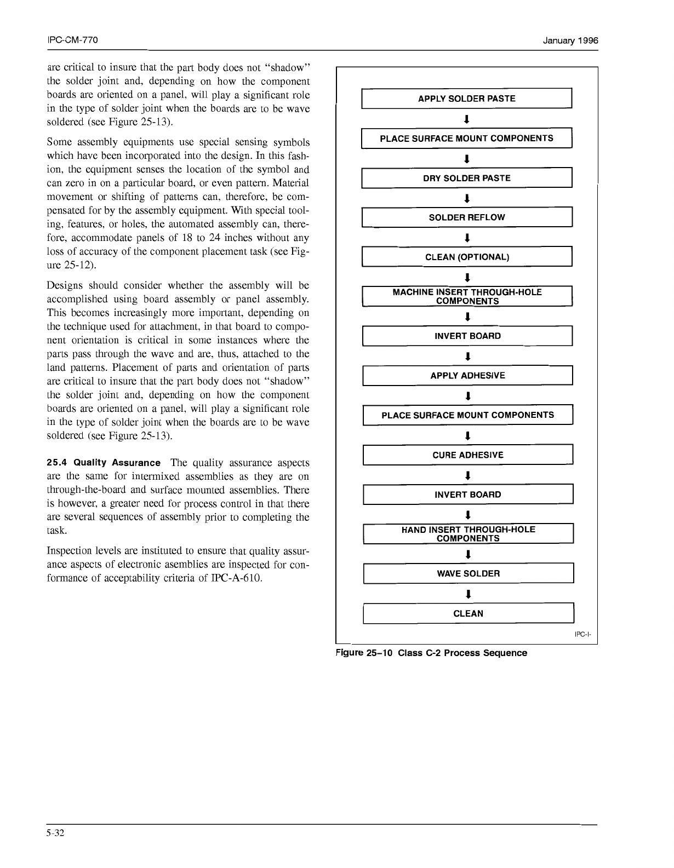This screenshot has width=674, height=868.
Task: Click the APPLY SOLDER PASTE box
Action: (466, 99)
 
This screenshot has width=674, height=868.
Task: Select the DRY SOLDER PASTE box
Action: (466, 178)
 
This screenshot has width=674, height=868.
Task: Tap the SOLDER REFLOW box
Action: (466, 217)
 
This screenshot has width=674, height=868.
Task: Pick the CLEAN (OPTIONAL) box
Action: (467, 257)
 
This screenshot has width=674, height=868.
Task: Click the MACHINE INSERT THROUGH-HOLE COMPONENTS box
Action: (467, 296)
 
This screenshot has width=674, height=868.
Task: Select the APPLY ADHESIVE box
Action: (467, 376)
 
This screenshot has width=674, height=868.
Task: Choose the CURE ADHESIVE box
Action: (467, 455)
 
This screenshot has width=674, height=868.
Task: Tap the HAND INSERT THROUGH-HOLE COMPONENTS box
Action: (468, 534)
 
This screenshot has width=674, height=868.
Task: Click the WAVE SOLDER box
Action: (468, 573)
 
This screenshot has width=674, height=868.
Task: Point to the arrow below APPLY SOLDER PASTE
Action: (466, 119)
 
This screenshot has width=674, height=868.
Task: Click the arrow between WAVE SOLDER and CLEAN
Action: (467, 594)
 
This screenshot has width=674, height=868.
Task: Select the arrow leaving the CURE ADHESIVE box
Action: (467, 475)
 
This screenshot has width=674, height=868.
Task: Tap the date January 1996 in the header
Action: (570, 41)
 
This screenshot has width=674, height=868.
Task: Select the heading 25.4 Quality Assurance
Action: (104, 463)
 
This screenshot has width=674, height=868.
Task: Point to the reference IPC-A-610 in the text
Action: (237, 578)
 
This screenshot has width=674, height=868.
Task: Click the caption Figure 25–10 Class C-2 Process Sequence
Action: (432, 653)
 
